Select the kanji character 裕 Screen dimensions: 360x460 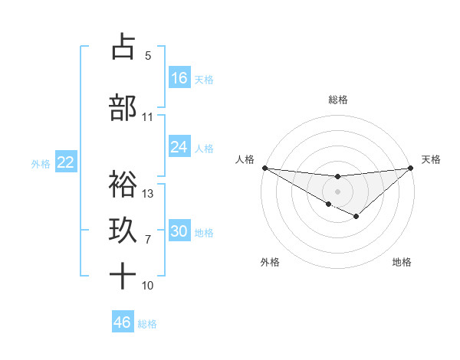point(123,184)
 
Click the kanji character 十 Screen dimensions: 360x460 point(123,276)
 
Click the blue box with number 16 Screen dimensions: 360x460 point(179,77)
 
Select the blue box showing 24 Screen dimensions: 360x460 point(179,147)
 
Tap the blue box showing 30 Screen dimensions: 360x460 point(179,231)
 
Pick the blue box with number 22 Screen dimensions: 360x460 point(66,162)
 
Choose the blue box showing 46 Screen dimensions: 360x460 point(123,322)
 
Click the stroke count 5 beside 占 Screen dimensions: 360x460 point(148,56)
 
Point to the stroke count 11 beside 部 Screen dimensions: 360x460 point(147,117)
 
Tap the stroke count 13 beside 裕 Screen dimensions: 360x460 point(148,194)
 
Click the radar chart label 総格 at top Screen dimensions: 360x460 point(337,100)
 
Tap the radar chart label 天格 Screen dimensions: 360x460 point(432,159)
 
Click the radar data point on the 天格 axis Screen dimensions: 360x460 point(412,167)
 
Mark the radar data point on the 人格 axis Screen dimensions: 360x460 point(264,167)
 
